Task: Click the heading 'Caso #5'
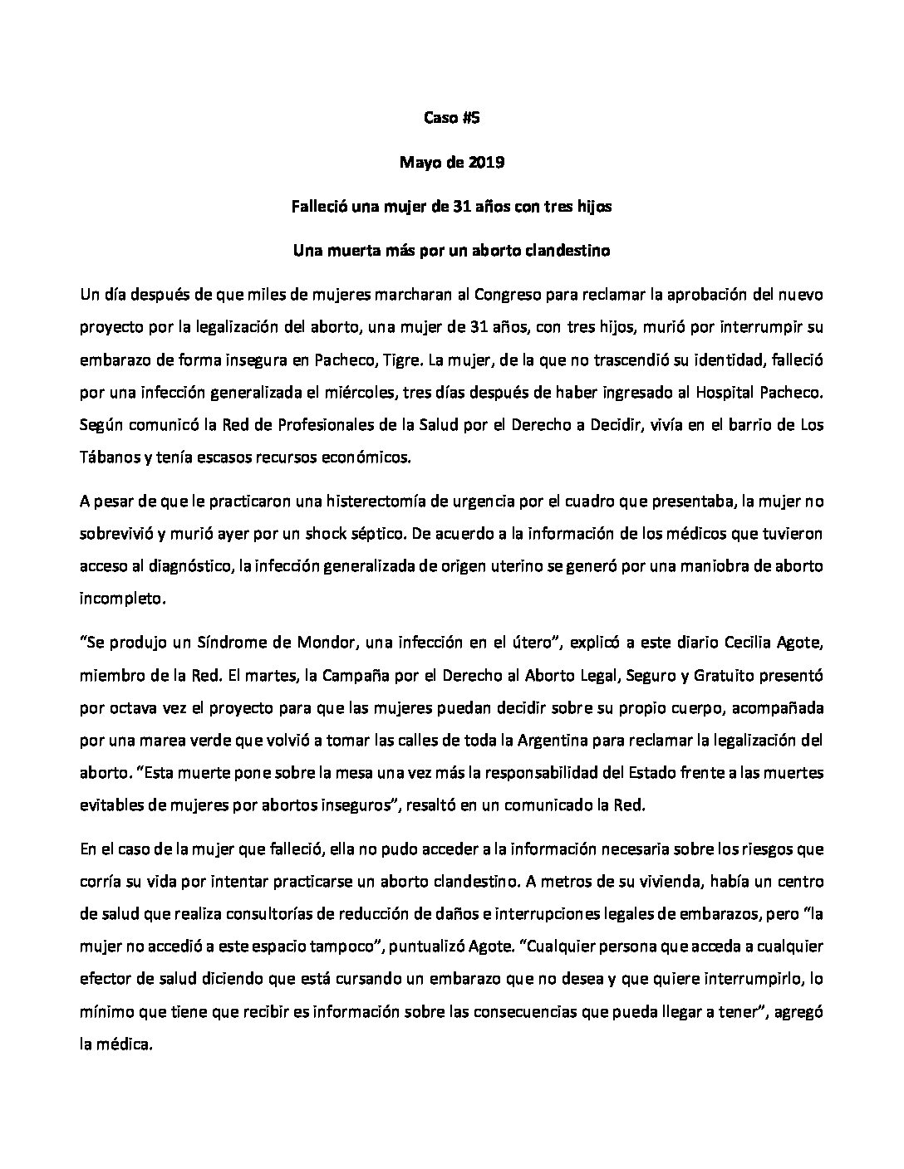(x=452, y=118)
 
